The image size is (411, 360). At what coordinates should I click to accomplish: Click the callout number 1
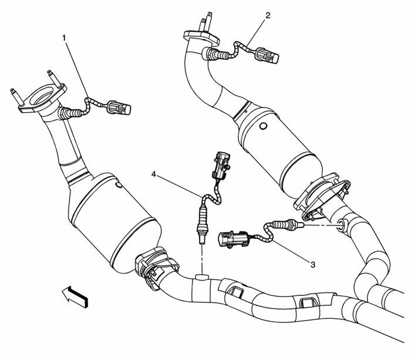coord(64,37)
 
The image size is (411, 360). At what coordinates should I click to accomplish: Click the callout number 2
coord(268,15)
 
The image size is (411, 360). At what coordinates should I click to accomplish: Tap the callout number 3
coord(312,265)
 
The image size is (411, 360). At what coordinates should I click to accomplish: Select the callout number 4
coord(154,174)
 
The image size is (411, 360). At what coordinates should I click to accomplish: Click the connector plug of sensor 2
coord(267,58)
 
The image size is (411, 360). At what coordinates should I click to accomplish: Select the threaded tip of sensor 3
coord(299,225)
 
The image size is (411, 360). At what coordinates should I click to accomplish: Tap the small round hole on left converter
coord(118,186)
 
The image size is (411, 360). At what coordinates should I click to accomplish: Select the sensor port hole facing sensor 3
coord(342,224)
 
